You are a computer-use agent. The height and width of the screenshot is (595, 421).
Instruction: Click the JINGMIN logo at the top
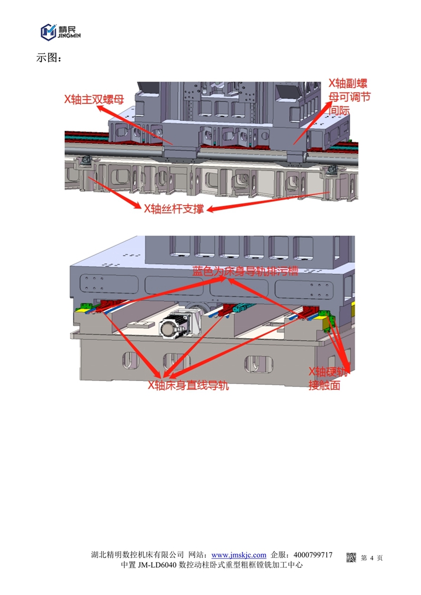click(x=61, y=32)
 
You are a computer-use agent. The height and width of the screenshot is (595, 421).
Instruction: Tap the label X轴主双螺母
click(x=94, y=99)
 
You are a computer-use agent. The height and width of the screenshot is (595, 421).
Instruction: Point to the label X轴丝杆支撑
click(x=174, y=209)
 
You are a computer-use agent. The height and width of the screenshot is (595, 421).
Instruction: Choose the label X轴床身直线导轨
click(x=188, y=385)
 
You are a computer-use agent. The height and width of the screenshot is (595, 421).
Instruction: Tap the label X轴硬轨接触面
click(x=328, y=378)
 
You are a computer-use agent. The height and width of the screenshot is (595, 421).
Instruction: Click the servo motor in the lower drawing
click(x=178, y=325)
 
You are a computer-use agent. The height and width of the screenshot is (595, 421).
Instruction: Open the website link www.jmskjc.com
click(x=239, y=555)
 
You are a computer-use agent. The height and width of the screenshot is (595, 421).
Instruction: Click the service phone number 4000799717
click(x=313, y=555)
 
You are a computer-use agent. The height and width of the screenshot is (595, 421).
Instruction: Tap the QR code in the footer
click(x=351, y=558)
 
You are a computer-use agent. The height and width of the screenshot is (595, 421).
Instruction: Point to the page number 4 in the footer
click(x=372, y=558)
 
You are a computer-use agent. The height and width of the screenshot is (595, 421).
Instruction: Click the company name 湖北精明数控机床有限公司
click(x=137, y=555)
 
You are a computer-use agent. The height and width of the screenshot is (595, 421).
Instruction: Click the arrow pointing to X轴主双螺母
click(x=135, y=125)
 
